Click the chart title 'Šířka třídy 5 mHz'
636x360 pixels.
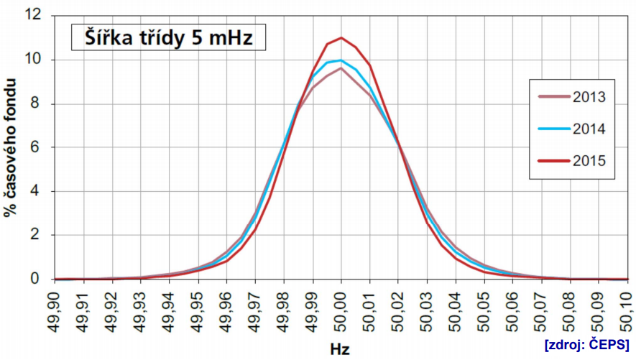point(168,37)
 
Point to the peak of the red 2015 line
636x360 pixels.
point(341,37)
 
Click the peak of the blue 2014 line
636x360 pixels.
point(341,60)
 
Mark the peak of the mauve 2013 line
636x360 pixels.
point(341,68)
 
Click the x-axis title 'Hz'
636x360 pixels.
point(341,349)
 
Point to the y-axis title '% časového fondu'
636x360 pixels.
point(11,147)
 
